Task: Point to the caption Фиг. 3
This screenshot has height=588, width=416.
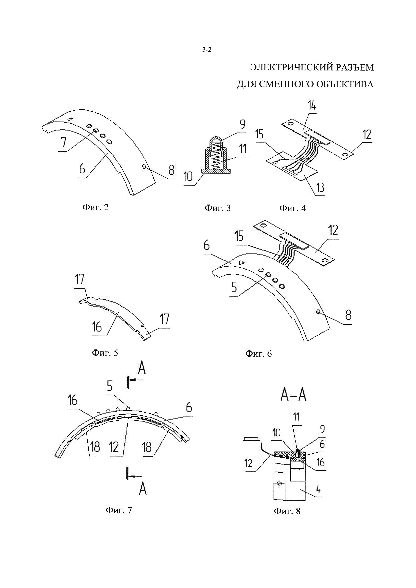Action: pos(218,208)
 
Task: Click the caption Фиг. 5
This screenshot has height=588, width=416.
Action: pos(105,353)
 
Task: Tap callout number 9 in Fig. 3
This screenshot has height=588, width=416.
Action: pos(242,124)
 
